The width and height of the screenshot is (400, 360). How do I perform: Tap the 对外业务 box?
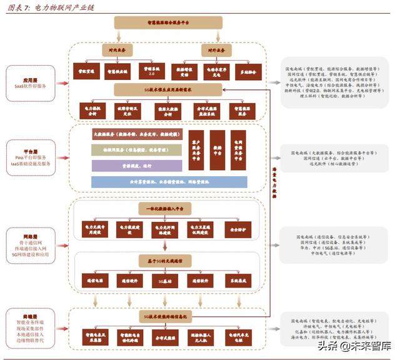pyautogui.click(x=216, y=49)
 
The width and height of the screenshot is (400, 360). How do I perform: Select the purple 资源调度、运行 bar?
pyautogui.click(x=134, y=166)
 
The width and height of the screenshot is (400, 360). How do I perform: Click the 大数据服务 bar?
pyautogui.click(x=134, y=134)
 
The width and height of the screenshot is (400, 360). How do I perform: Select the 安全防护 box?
pyautogui.click(x=237, y=228)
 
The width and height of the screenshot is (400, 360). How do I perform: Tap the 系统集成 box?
pyautogui.click(x=237, y=281)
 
